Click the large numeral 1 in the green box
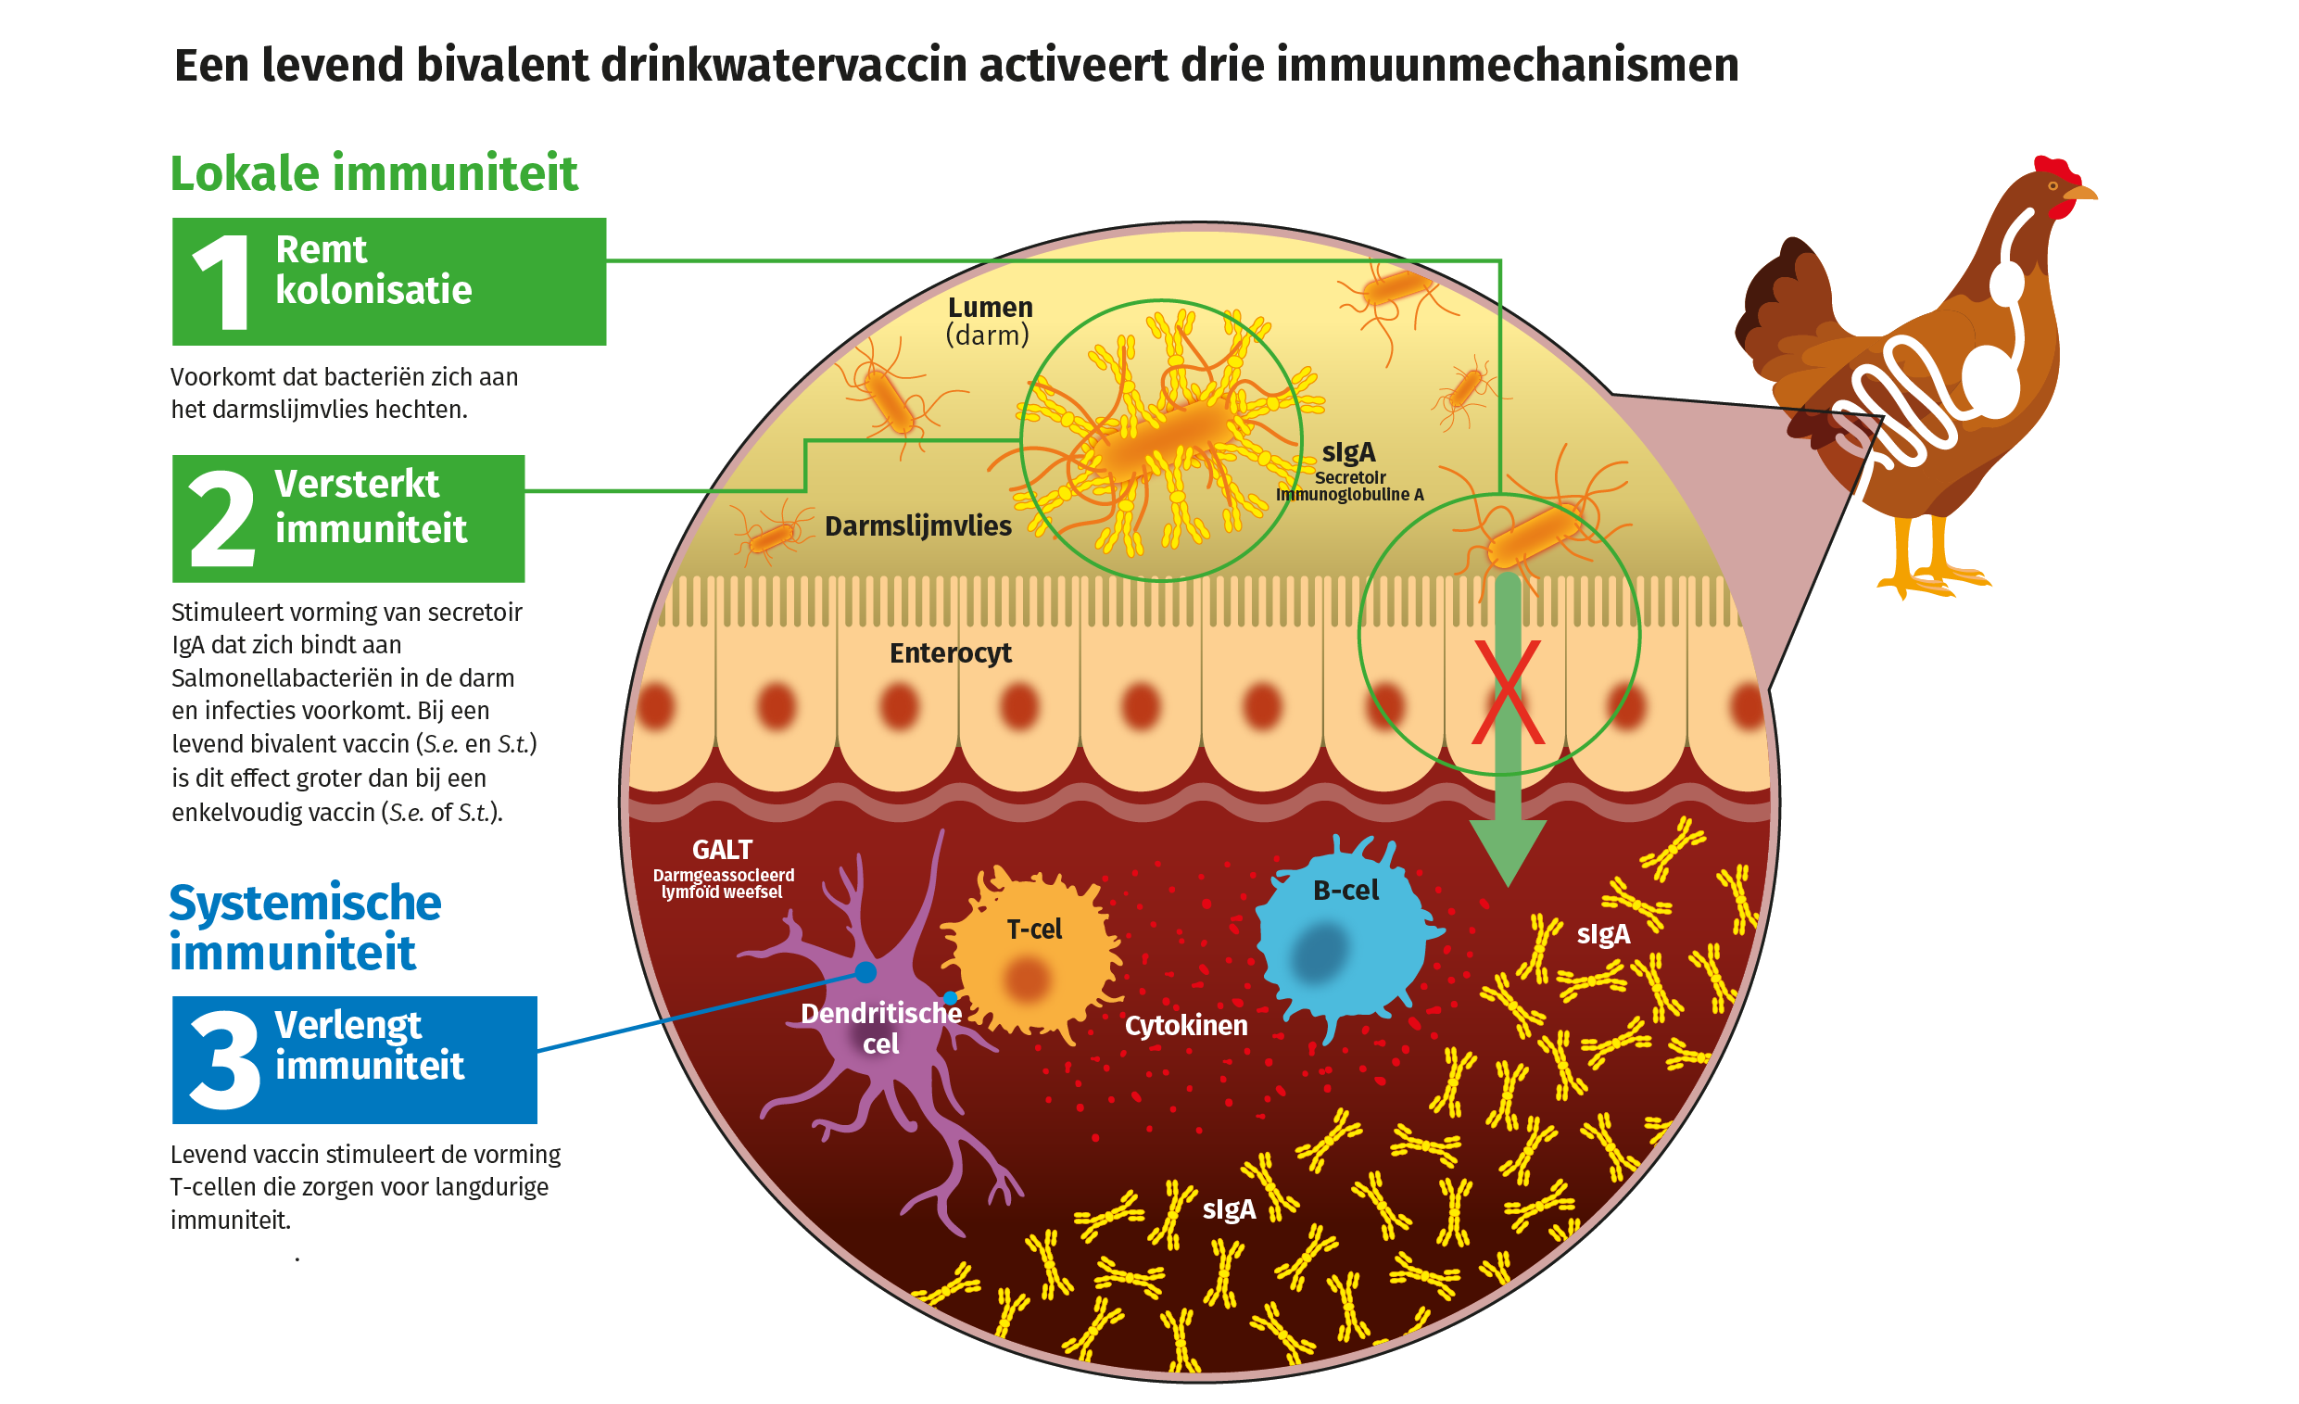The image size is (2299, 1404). pyautogui.click(x=222, y=282)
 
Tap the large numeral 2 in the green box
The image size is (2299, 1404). pyautogui.click(x=222, y=519)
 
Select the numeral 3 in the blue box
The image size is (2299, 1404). pyautogui.click(x=224, y=1061)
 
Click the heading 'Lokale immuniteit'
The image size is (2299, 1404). pyautogui.click(x=374, y=173)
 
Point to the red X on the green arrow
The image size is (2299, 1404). pyautogui.click(x=1508, y=692)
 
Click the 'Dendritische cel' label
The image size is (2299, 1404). pyautogui.click(x=881, y=1028)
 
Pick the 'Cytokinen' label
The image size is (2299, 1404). pyautogui.click(x=1186, y=1026)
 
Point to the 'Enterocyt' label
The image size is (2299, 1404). pyautogui.click(x=950, y=653)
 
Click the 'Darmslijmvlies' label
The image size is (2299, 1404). pyautogui.click(x=918, y=526)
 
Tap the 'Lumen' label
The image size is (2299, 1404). pyautogui.click(x=990, y=308)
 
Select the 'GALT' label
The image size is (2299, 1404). pyautogui.click(x=722, y=850)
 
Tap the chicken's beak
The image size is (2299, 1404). pyautogui.click(x=2083, y=194)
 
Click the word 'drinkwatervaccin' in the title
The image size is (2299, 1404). pyautogui.click(x=782, y=65)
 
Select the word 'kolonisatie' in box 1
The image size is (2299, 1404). pyautogui.click(x=373, y=290)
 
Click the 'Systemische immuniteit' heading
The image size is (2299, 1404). pyautogui.click(x=305, y=928)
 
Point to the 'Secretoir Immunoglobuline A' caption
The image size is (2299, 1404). pyautogui.click(x=1349, y=486)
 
